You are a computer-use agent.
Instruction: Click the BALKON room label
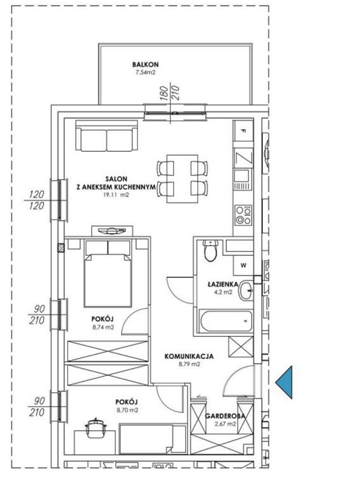(x=145, y=64)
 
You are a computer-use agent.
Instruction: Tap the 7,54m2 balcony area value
(x=145, y=73)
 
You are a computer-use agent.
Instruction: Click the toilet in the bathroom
(x=210, y=251)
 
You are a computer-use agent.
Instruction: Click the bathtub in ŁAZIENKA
(x=225, y=321)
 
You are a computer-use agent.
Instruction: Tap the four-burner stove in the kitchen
(x=243, y=215)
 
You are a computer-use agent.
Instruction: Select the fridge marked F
(x=244, y=131)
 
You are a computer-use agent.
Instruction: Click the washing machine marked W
(x=243, y=265)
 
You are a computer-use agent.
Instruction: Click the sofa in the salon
(x=107, y=136)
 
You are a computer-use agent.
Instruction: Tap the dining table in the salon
(x=182, y=179)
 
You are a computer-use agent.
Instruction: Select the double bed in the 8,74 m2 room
(x=108, y=273)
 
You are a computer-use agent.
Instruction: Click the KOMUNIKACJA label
(x=189, y=356)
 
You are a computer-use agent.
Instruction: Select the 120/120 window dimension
(x=37, y=200)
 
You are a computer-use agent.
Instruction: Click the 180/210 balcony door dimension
(x=171, y=94)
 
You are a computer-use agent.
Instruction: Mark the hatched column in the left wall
(x=61, y=248)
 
